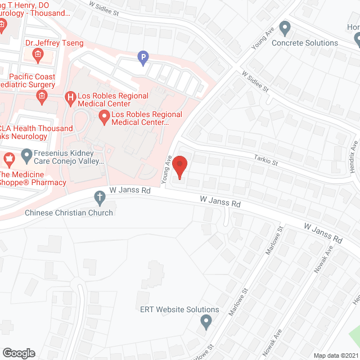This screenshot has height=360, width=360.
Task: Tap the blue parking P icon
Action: [143, 56]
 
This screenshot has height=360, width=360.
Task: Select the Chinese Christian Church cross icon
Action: [100, 197]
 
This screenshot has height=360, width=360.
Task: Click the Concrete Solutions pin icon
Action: [285, 27]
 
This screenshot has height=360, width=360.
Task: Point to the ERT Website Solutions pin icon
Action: [206, 322]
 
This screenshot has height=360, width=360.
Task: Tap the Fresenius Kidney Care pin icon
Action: [26, 154]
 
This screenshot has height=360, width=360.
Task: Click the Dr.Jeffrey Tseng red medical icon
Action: [38, 55]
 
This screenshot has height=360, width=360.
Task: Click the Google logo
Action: [19, 353]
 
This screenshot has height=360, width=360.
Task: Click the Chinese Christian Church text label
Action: [69, 213]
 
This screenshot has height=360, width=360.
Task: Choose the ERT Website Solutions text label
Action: [179, 309]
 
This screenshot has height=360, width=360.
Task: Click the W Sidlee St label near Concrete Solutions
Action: [256, 82]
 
